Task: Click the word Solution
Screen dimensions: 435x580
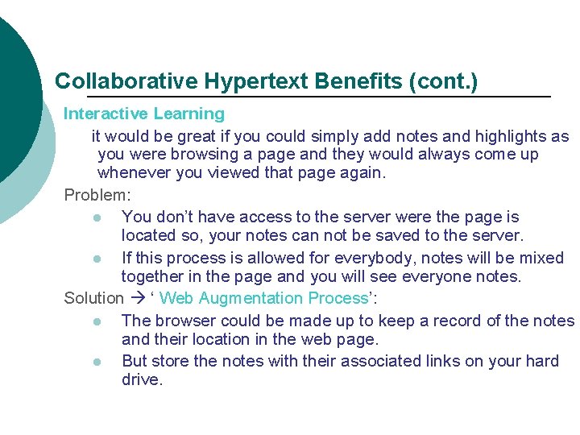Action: pos(93,298)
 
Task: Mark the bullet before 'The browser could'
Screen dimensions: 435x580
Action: pos(97,321)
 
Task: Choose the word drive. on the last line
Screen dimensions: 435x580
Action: pos(142,379)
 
